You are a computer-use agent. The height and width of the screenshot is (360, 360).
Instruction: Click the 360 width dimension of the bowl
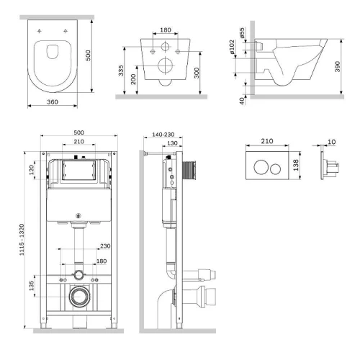pyautogui.click(x=53, y=102)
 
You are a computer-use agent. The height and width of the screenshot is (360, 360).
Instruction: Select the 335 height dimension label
pyautogui.click(x=121, y=71)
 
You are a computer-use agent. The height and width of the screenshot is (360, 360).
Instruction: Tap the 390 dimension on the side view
pyautogui.click(x=338, y=66)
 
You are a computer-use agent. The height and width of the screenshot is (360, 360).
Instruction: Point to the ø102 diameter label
pyautogui.click(x=232, y=47)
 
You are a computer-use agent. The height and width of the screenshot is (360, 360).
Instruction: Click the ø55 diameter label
pyautogui.click(x=242, y=33)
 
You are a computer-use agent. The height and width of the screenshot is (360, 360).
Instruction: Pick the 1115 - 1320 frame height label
pyautogui.click(x=22, y=240)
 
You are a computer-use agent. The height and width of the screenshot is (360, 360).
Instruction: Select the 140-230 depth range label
pyautogui.click(x=163, y=135)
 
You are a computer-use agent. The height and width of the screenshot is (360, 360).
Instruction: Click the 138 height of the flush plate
pyautogui.click(x=296, y=165)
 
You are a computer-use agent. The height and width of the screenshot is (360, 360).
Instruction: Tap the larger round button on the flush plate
pyautogui.click(x=261, y=167)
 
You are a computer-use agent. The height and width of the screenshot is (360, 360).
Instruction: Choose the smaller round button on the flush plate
pyautogui.click(x=275, y=168)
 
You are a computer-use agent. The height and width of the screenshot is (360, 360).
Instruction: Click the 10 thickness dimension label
pyautogui.click(x=331, y=142)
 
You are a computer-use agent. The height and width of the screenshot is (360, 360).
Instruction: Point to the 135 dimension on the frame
pyautogui.click(x=32, y=286)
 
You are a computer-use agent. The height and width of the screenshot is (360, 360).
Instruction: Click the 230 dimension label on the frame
pyautogui.click(x=105, y=246)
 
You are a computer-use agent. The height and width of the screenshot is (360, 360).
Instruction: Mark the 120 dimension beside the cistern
pyautogui.click(x=32, y=170)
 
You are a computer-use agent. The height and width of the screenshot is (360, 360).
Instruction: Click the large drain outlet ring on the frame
pyautogui.click(x=80, y=297)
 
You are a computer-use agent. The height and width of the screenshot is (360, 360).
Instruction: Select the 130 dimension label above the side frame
pyautogui.click(x=172, y=143)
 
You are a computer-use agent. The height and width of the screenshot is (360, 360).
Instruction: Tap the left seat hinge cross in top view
pyautogui.click(x=40, y=31)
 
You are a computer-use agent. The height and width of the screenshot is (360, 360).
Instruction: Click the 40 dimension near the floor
pyautogui.click(x=242, y=101)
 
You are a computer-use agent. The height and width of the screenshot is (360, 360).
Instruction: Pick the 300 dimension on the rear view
pyautogui.click(x=197, y=73)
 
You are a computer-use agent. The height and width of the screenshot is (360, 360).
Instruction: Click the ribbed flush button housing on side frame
pyautogui.click(x=189, y=171)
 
